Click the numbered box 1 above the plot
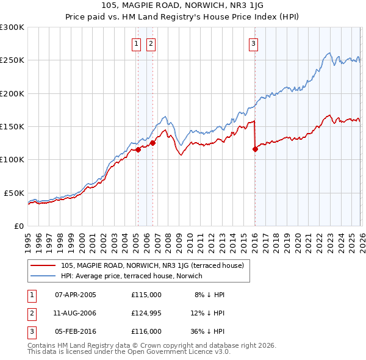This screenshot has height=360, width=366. point(135,43)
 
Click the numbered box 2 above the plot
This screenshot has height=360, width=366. point(150,43)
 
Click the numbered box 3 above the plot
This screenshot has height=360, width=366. point(253,43)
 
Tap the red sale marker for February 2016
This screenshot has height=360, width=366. point(254,149)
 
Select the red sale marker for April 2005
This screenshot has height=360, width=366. point(138,149)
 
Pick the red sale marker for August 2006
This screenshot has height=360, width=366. point(152,143)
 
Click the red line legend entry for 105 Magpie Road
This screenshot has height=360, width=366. point(152,265)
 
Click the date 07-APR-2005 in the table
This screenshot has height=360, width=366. point(76,295)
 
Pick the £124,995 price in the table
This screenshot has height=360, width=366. point(146,312)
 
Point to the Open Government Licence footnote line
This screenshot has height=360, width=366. point(129,352)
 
